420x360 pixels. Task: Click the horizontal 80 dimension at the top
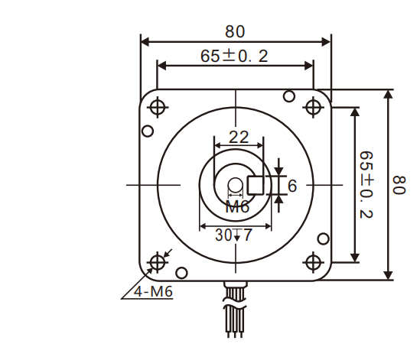[235, 31]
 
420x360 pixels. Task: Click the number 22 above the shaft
[239, 137]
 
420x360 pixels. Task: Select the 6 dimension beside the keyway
[291, 185]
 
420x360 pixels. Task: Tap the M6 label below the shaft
[237, 207]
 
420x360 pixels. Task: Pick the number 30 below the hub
[223, 235]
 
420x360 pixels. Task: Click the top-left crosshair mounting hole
[158, 107]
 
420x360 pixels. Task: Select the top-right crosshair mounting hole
[312, 107]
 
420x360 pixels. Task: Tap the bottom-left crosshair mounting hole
[158, 262]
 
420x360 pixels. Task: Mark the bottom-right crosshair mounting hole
[312, 262]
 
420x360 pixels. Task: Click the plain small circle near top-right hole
[288, 96]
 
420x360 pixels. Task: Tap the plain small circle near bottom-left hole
[181, 272]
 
